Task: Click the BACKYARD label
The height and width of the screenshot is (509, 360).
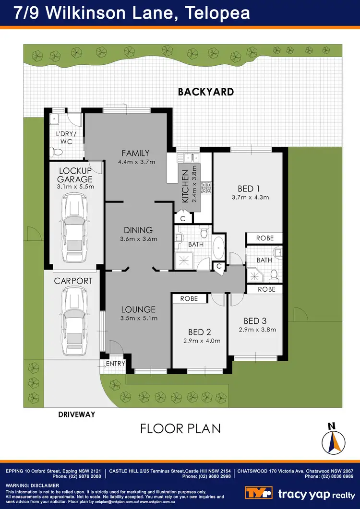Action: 205,91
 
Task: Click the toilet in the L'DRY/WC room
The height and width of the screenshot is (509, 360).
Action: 58,152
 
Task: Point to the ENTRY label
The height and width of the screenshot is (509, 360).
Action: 116,364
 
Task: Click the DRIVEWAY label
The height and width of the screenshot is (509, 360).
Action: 77,414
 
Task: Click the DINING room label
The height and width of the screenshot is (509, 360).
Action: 138,230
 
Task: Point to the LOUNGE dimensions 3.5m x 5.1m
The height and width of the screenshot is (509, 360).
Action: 138,318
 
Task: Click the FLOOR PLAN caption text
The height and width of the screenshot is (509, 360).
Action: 180,428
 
